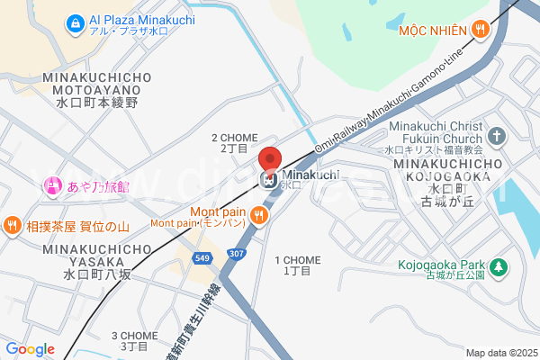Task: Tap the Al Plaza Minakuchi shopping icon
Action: pyautogui.click(x=76, y=20)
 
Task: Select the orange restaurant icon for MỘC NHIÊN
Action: pyautogui.click(x=481, y=29)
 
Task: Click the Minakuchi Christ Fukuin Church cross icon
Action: pyautogui.click(x=498, y=137)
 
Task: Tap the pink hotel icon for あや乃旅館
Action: pyautogui.click(x=51, y=186)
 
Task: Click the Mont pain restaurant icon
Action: pyautogui.click(x=259, y=214)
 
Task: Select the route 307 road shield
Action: pyautogui.click(x=236, y=254)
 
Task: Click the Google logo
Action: pyautogui.click(x=30, y=349)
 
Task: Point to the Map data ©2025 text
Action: pyautogui.click(x=499, y=353)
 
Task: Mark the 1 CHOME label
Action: pyautogui.click(x=297, y=265)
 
